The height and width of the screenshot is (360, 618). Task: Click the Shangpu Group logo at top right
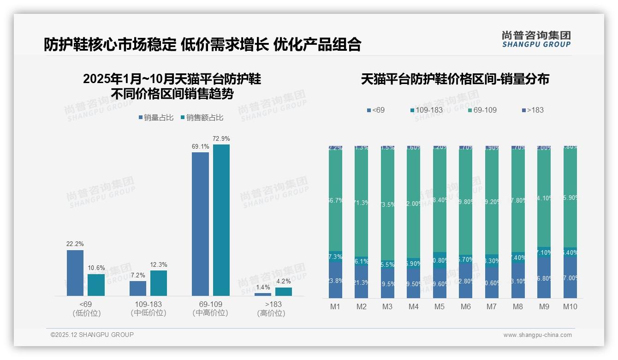(x=536, y=39)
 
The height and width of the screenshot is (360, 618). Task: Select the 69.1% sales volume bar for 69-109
(x=200, y=224)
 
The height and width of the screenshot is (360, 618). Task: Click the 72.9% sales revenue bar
(x=221, y=220)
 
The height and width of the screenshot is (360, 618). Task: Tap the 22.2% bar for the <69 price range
(x=75, y=273)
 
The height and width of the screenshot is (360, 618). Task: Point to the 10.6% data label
(x=96, y=268)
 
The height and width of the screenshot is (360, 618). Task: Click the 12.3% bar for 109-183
(x=159, y=283)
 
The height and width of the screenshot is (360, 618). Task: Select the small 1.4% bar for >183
(x=263, y=294)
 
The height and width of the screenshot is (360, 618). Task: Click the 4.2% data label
(x=284, y=281)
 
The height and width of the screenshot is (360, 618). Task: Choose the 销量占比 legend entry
(x=156, y=118)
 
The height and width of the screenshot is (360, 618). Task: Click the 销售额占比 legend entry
(x=202, y=118)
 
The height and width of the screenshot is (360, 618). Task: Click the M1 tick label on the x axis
(x=335, y=306)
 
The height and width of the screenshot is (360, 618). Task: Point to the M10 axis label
(x=570, y=306)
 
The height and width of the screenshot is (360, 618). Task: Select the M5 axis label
(x=440, y=306)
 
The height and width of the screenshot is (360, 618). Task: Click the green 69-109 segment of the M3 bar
(x=387, y=203)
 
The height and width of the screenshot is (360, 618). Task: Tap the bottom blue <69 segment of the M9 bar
(x=544, y=278)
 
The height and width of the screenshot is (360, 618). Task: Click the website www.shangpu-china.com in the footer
(x=537, y=335)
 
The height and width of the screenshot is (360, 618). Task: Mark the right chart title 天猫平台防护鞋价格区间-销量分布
(x=455, y=79)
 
